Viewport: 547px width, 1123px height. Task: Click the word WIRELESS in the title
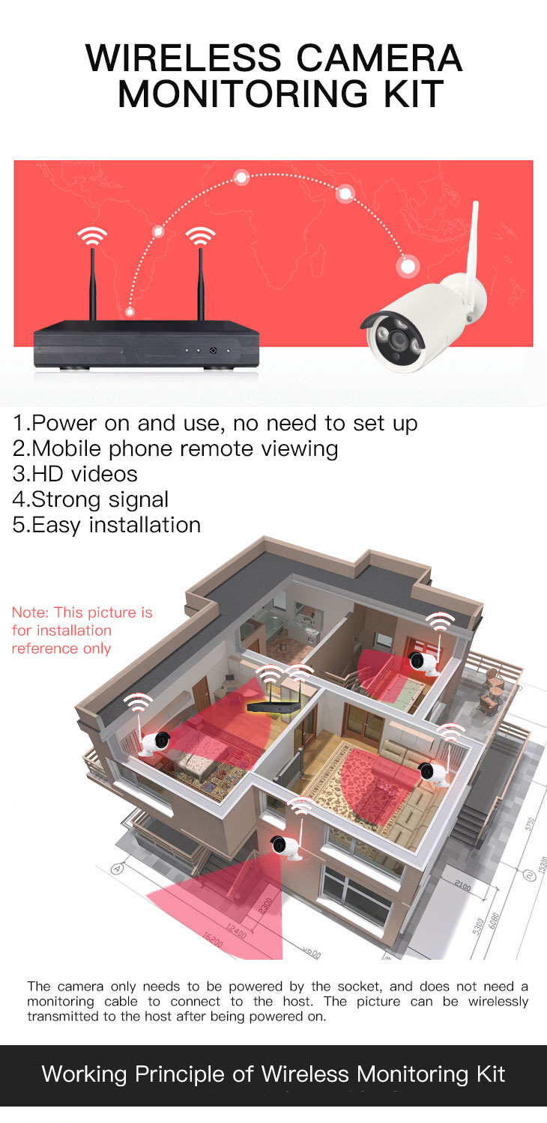point(184,58)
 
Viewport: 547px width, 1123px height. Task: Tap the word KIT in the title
point(414,94)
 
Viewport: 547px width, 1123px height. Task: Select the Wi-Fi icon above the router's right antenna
point(200,236)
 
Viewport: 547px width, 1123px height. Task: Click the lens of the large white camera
point(399,341)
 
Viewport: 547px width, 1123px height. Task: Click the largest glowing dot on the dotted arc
point(408,266)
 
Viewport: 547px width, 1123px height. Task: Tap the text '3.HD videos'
point(75,474)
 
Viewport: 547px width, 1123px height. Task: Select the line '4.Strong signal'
point(91,500)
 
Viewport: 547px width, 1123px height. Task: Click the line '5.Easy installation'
point(106,525)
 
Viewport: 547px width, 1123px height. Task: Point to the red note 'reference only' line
point(61,648)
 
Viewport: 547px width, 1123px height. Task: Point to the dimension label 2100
point(462,886)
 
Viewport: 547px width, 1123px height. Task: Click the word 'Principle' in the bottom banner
point(180,1075)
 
